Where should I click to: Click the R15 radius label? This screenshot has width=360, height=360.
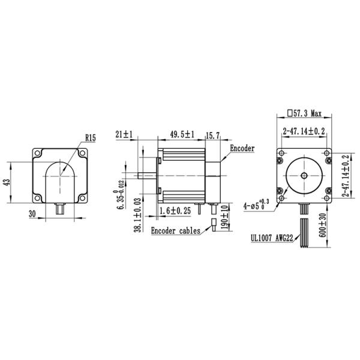tap(90, 137)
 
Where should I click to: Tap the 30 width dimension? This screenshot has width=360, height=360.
tap(32, 212)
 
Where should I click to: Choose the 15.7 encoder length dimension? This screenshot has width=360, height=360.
tap(214, 136)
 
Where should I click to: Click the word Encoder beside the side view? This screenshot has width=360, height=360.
tap(242, 148)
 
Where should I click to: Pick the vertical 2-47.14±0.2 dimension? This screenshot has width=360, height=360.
tap(346, 175)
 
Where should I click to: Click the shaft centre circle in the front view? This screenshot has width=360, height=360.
tap(304, 175)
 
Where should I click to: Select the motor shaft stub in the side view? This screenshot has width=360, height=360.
tap(148, 176)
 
